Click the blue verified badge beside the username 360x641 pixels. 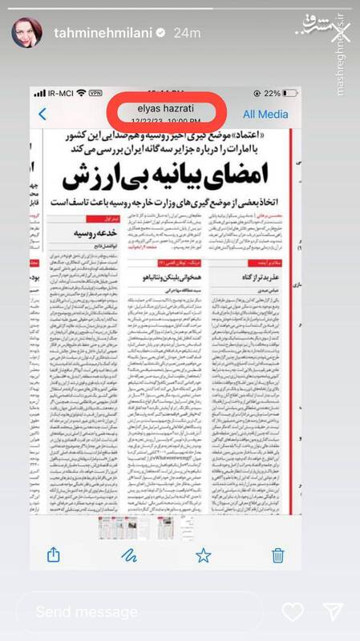pyautogui.click(x=159, y=30)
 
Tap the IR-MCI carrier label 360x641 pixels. pyautogui.click(x=55, y=93)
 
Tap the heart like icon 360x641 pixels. pyautogui.click(x=293, y=612)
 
